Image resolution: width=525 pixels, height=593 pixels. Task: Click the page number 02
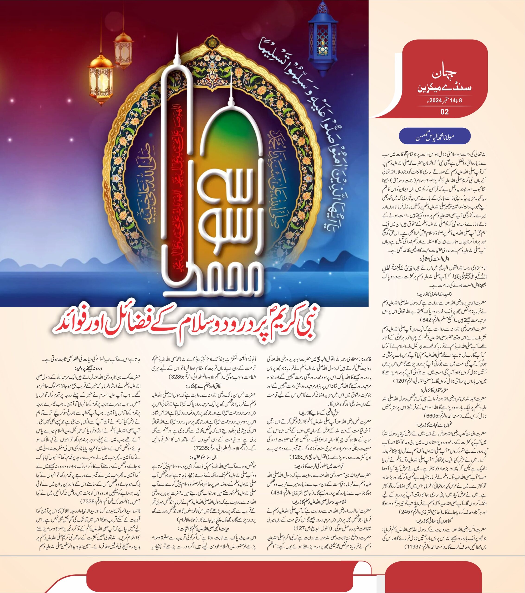coord(444,112)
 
